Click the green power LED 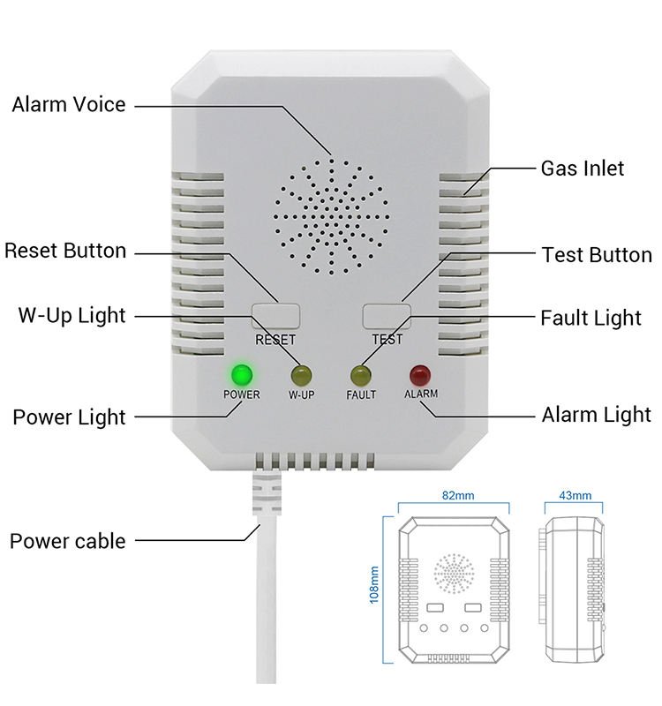(x=240, y=372)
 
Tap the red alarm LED (x=419, y=374)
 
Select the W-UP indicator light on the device (x=302, y=374)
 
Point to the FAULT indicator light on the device (x=360, y=374)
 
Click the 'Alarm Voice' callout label (x=69, y=105)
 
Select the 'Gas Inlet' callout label (x=582, y=168)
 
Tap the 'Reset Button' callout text (x=65, y=251)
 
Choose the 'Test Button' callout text (x=596, y=255)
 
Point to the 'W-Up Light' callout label (x=72, y=315)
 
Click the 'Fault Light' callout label (x=591, y=318)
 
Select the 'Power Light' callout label (x=69, y=417)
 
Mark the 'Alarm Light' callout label (x=596, y=415)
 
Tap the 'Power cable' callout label (x=68, y=541)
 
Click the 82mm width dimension (x=455, y=496)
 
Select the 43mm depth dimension (x=575, y=496)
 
